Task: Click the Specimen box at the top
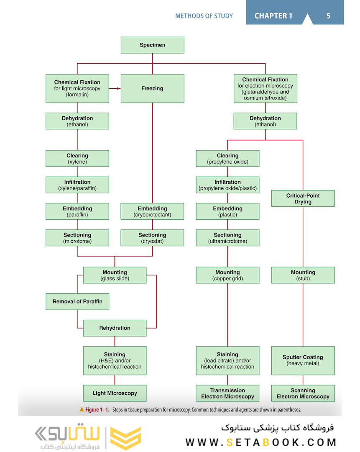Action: [x=152, y=45]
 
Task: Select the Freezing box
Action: [x=152, y=88]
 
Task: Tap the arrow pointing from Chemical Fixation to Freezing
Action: [x=115, y=88]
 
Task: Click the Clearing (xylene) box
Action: [x=77, y=159]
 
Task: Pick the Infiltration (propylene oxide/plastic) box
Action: [x=227, y=185]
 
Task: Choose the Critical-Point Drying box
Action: [x=303, y=198]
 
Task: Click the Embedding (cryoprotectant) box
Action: [x=152, y=212]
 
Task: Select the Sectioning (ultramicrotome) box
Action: [x=227, y=238]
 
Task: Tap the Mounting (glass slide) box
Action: [x=115, y=275]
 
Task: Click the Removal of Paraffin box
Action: [x=77, y=301]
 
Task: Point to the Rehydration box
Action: [x=115, y=328]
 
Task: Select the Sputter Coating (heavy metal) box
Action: [x=303, y=360]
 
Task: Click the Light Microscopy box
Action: [x=115, y=393]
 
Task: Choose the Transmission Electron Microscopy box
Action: [x=227, y=393]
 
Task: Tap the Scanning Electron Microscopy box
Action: [x=303, y=393]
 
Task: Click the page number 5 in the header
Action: [x=328, y=16]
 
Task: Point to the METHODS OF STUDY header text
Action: [x=204, y=16]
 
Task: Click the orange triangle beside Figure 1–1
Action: [x=82, y=409]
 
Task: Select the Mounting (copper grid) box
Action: [x=227, y=275]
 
